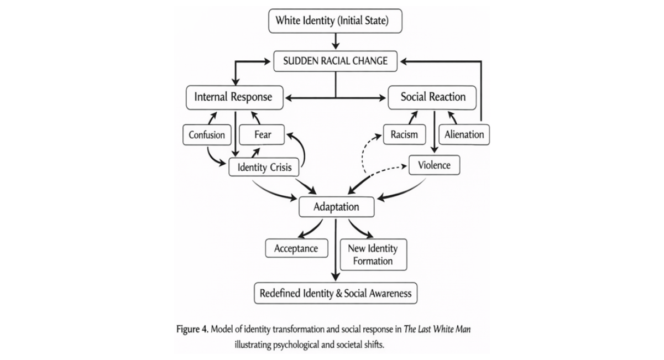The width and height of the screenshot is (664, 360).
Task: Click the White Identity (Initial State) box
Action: point(335,21)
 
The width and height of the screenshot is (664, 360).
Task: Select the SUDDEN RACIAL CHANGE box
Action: point(335,61)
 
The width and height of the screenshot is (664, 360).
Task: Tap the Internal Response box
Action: point(234,97)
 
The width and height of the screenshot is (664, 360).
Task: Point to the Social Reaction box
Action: point(432,97)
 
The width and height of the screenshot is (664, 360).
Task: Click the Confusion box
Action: point(207,135)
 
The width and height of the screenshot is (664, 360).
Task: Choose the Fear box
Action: point(262,134)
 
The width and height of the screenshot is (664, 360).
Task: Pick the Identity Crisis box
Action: point(264,167)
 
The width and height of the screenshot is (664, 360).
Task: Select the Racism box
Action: point(405,134)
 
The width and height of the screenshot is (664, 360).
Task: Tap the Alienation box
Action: point(464,134)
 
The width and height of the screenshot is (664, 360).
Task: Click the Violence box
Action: point(434,165)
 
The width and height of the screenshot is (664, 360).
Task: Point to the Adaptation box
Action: point(337,207)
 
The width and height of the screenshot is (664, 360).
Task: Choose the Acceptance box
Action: point(296,248)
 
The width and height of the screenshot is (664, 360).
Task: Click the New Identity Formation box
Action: point(374,255)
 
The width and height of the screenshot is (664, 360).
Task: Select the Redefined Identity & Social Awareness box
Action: point(336,293)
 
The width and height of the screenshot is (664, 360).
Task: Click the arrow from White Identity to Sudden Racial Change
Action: point(336,41)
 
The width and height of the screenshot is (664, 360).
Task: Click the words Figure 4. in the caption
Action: point(192,330)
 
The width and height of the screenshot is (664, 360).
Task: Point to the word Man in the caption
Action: point(462,329)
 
